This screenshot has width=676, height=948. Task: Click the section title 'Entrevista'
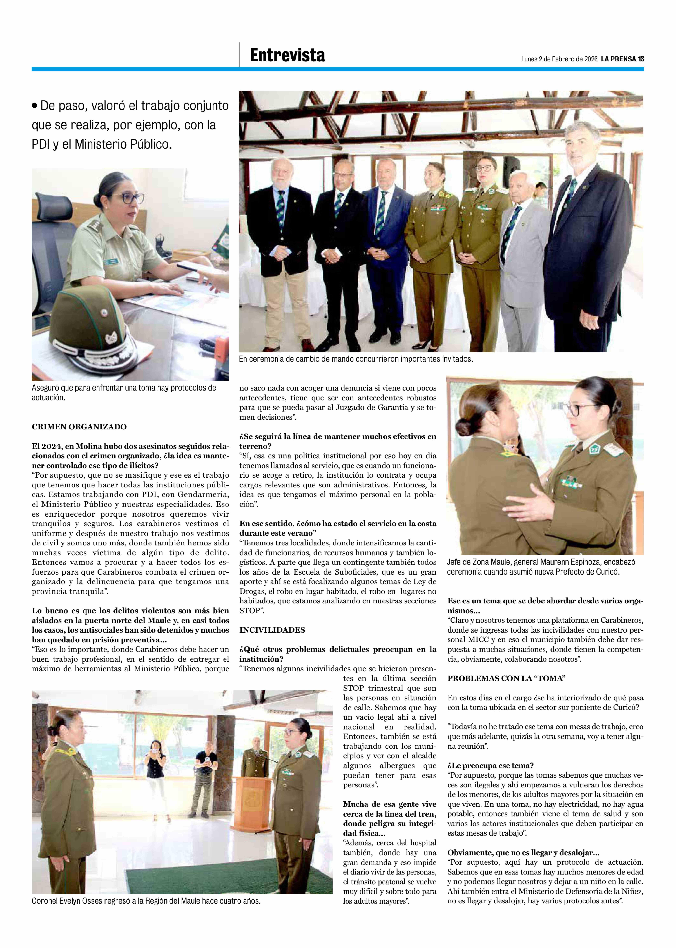coord(287,55)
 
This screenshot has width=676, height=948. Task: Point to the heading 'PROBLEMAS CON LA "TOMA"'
coord(506,678)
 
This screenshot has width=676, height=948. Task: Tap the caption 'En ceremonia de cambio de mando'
coord(356,359)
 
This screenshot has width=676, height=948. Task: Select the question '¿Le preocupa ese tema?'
coord(490,765)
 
